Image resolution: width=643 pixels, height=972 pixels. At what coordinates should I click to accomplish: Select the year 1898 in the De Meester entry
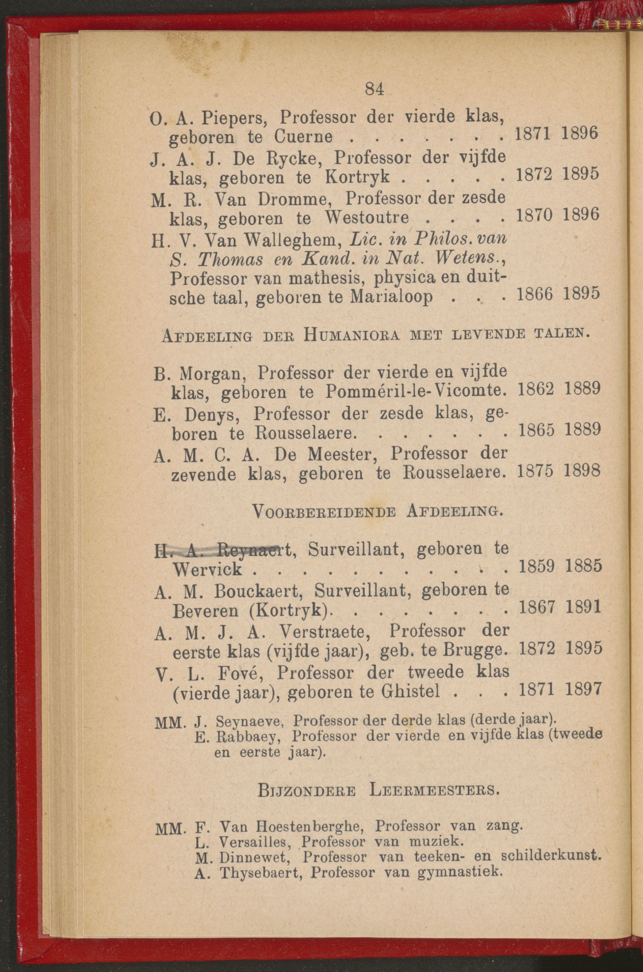click(582, 470)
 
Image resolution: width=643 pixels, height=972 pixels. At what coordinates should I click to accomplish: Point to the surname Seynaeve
click(250, 722)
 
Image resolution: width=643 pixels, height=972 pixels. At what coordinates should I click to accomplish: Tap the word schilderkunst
click(551, 856)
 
